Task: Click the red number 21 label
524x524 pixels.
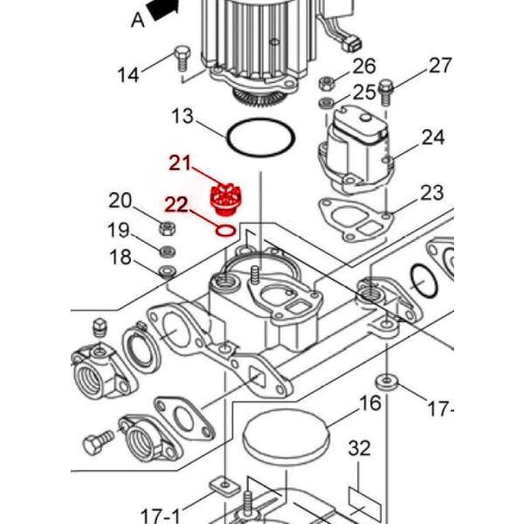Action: (180, 163)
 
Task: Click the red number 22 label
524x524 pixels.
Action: (176, 204)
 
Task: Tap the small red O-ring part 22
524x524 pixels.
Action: (224, 231)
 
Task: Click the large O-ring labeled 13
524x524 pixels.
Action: (259, 138)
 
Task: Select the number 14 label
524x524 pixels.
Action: (128, 74)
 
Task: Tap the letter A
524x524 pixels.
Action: (137, 19)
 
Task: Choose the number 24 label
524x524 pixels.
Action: (432, 137)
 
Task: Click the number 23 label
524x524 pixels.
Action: (431, 192)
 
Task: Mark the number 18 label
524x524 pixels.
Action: (120, 258)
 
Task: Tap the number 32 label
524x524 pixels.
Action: (359, 449)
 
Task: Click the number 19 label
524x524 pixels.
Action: (119, 231)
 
